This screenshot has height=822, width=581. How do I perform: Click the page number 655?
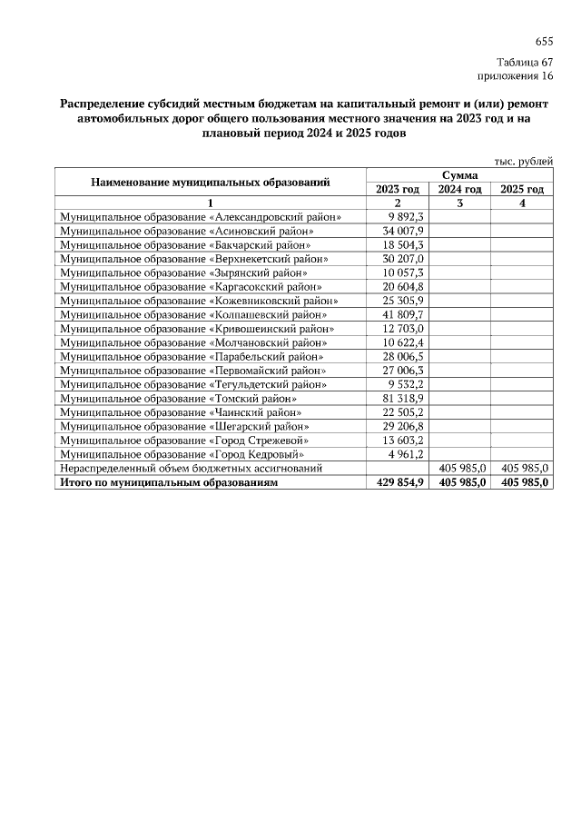[x=543, y=42]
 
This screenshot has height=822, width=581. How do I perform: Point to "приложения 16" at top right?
[x=515, y=76]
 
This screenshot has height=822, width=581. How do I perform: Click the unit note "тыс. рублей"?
[x=523, y=160]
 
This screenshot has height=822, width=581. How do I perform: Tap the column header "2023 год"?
[x=397, y=189]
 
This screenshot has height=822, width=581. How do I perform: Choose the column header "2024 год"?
[x=459, y=189]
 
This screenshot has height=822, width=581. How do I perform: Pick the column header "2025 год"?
[x=522, y=189]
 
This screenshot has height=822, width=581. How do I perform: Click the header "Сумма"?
[x=459, y=174]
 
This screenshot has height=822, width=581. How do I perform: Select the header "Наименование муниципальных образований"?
[x=210, y=182]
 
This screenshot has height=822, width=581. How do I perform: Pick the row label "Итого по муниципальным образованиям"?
[x=168, y=481]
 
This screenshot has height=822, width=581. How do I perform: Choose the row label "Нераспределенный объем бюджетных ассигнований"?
[x=191, y=467]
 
